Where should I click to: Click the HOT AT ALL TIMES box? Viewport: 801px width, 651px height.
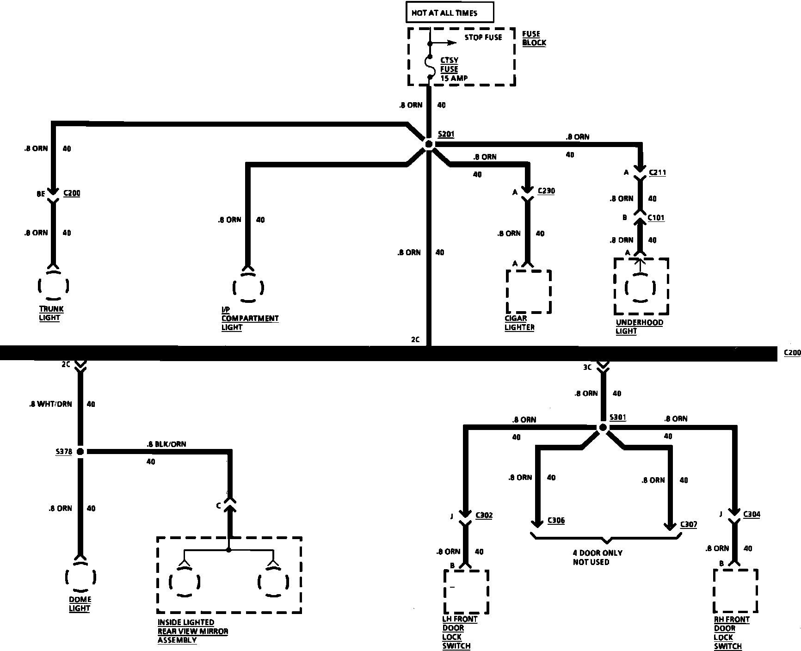450,13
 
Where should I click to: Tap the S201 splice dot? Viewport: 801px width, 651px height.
429,144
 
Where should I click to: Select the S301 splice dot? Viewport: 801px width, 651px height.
603,428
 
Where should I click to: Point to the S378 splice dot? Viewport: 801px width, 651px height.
80,451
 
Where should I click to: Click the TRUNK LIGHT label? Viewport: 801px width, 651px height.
51,313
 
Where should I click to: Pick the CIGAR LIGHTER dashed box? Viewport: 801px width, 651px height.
529,292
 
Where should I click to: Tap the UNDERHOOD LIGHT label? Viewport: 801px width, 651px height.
639,327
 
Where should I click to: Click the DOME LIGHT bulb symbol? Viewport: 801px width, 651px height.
80,577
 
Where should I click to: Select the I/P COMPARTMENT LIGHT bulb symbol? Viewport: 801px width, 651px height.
248,287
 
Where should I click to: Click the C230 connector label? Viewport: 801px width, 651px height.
546,191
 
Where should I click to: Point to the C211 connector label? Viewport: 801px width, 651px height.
657,173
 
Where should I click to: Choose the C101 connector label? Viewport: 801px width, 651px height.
656,217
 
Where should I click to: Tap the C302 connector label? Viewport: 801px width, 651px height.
484,515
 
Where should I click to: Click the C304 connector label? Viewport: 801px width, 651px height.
752,514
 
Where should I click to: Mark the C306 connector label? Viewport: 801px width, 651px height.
556,521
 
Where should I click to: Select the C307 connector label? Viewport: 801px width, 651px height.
688,525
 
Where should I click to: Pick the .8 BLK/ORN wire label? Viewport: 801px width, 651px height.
166,444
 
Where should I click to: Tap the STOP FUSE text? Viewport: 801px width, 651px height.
483,37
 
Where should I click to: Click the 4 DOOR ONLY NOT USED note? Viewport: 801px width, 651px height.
597,558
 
